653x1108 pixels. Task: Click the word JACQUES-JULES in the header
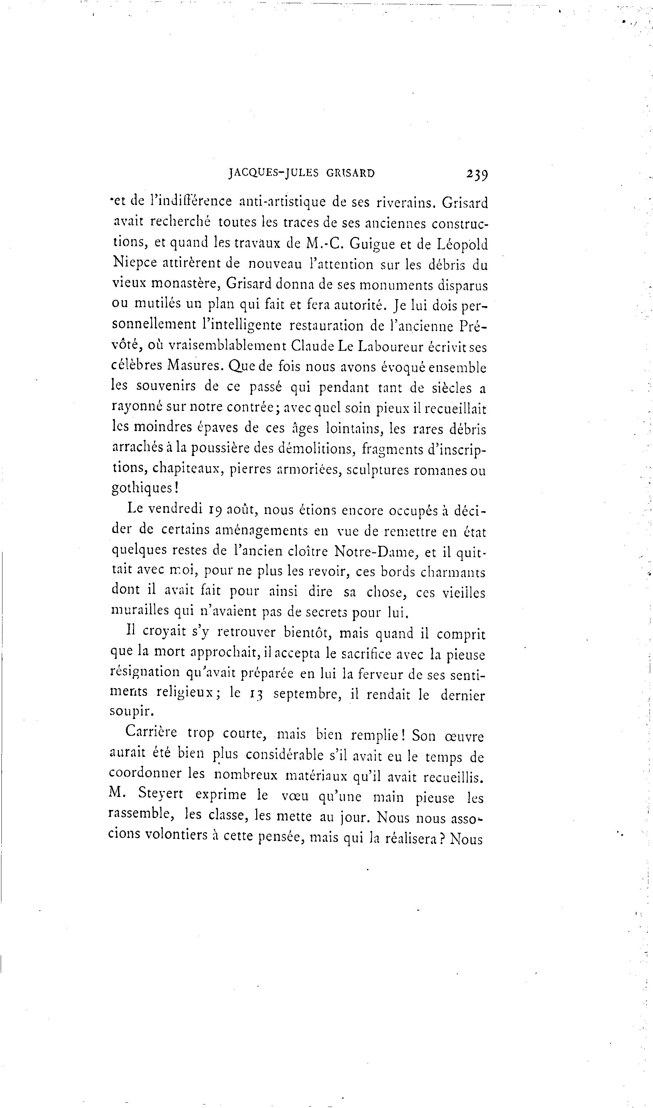coord(273,173)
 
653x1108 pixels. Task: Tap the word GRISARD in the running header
coord(350,173)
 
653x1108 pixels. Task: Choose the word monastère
coord(185,284)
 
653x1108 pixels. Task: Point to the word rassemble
coord(139,815)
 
